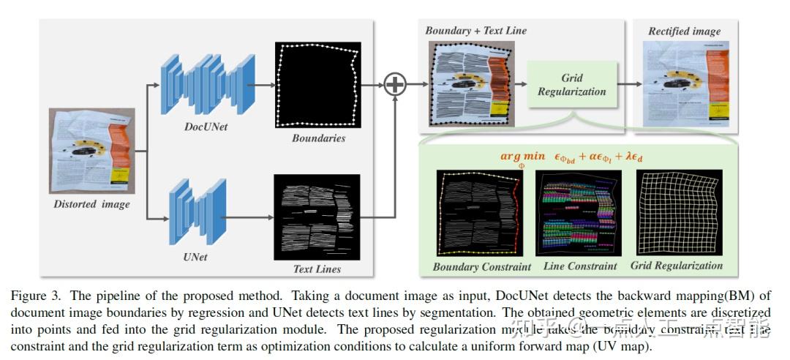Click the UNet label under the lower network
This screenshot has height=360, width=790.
point(195,257)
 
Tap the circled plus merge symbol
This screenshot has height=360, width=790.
point(395,85)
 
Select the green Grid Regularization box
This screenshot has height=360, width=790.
point(571,85)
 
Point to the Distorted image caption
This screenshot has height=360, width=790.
point(91,204)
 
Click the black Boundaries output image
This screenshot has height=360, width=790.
point(318,85)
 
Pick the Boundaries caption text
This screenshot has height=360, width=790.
point(318,138)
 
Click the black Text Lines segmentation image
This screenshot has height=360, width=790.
point(317,217)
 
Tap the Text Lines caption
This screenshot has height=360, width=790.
point(317,269)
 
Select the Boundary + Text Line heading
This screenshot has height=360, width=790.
point(475,31)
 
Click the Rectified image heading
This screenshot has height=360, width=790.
point(684,31)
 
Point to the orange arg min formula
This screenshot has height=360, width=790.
point(571,157)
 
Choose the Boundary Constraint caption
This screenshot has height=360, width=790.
point(481,267)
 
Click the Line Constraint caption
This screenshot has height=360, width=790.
point(580,266)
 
